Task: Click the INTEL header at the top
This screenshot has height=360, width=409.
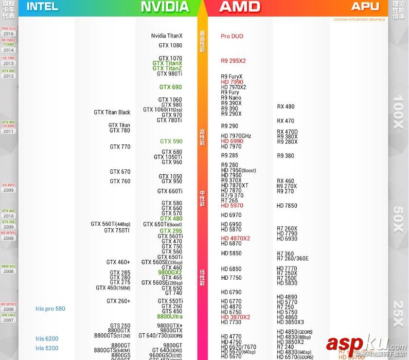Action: [x=42, y=6]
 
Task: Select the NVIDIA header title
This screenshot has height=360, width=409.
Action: [x=164, y=6]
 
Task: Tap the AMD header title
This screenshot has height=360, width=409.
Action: [x=240, y=6]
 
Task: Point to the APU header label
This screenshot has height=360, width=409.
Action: [x=365, y=6]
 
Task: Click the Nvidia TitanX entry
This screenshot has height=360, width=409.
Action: [x=167, y=36]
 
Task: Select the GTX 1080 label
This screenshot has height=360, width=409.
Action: [x=170, y=46]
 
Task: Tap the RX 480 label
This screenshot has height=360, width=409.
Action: [x=285, y=107]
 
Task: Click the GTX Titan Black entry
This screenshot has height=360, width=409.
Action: [x=112, y=112]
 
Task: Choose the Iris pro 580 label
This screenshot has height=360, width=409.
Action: [x=50, y=309]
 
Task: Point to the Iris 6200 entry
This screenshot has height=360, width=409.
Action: [x=47, y=339]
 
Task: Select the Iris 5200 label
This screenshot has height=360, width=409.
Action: [x=47, y=348]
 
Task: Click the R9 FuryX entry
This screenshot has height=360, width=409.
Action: [x=231, y=77]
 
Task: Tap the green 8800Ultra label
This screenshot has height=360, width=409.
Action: [x=169, y=317]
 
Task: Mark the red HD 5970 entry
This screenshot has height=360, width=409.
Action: [x=232, y=206]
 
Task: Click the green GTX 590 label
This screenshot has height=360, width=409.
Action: [x=171, y=142]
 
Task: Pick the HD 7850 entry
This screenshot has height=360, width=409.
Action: [x=286, y=206]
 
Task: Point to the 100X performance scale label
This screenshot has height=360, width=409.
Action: [x=398, y=112]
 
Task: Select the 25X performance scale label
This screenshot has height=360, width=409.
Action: [x=398, y=314]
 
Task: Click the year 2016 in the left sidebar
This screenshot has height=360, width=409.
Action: [x=8, y=34]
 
